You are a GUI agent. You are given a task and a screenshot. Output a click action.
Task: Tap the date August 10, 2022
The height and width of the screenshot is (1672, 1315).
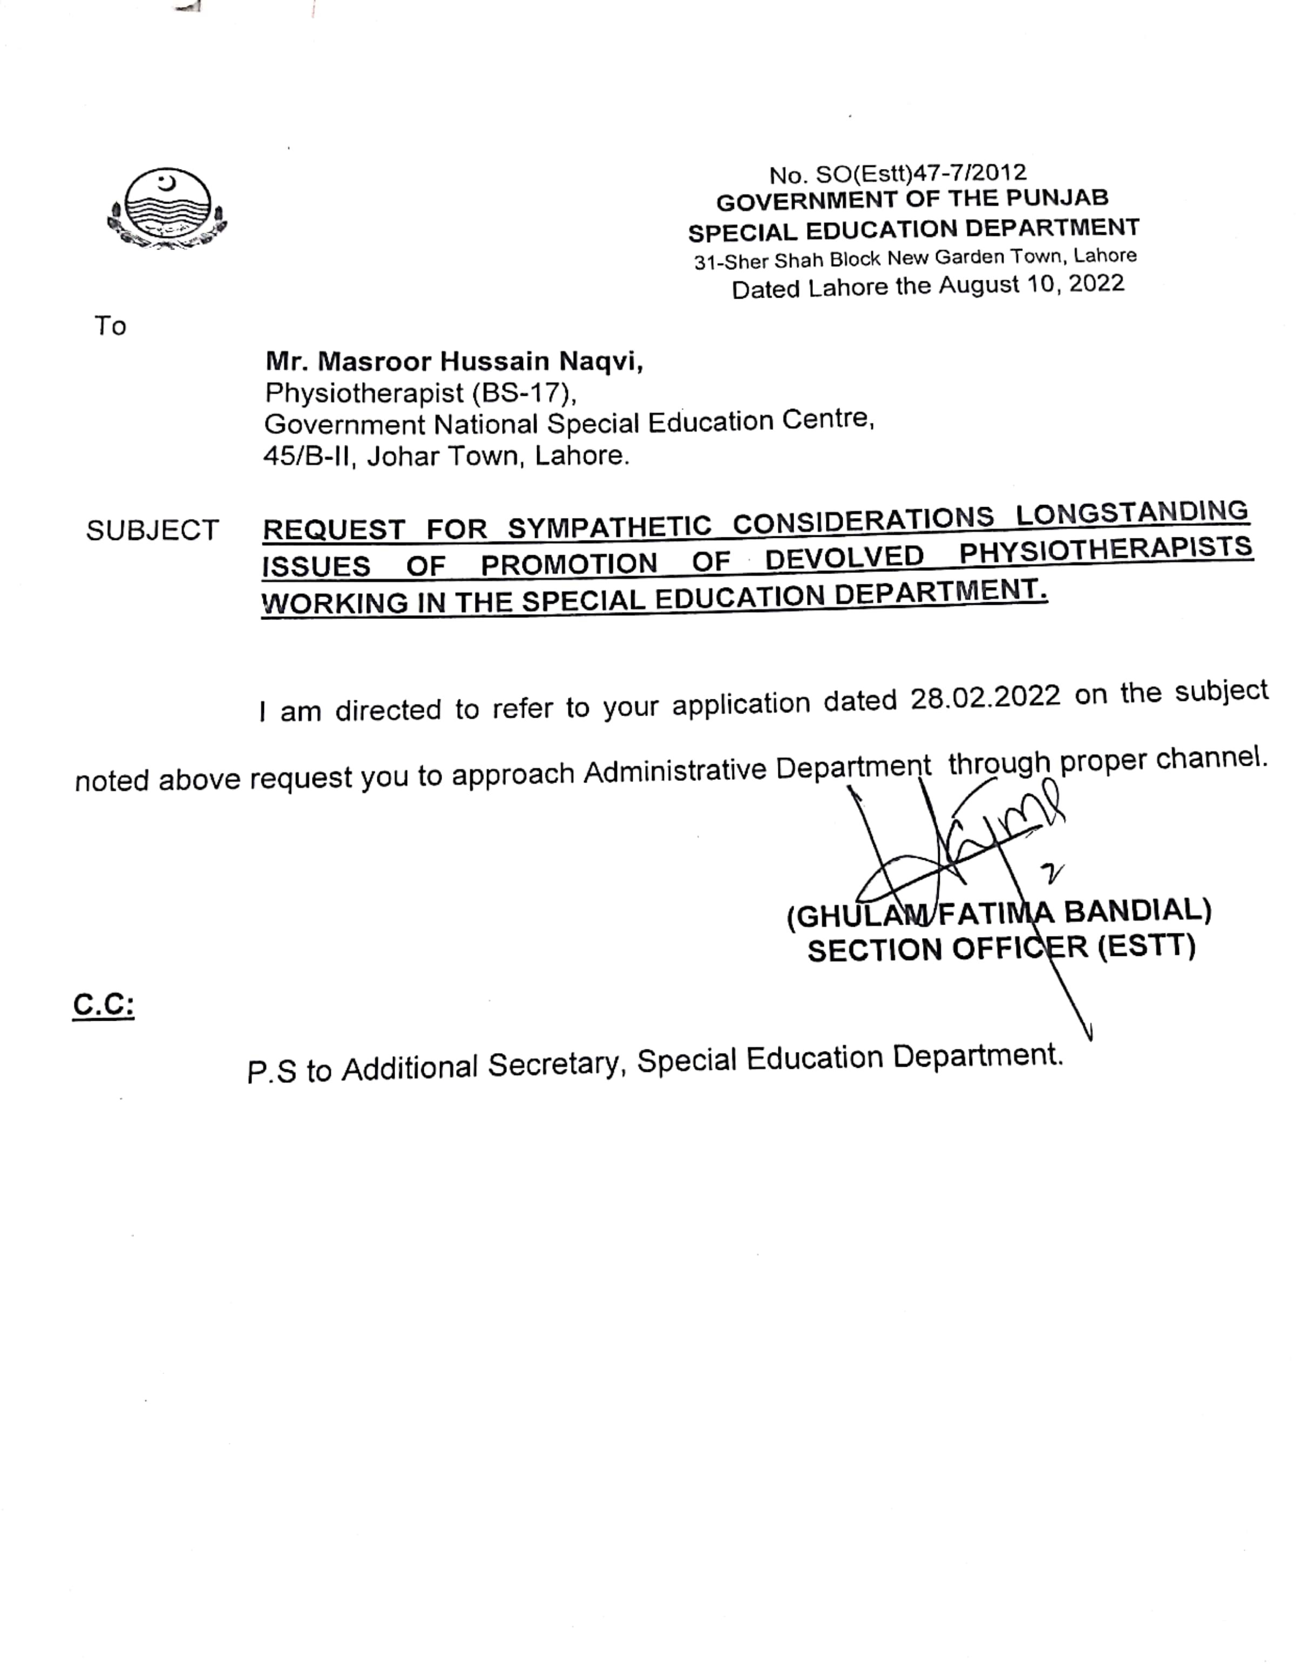1031,285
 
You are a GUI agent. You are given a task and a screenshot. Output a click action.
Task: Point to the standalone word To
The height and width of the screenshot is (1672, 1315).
110,327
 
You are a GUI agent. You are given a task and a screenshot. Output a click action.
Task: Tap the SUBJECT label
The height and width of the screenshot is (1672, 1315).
152,531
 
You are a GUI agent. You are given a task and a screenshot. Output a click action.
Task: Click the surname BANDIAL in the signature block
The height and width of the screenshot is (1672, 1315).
1137,911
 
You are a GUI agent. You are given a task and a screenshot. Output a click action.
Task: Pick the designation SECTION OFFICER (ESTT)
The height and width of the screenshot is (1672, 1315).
1001,948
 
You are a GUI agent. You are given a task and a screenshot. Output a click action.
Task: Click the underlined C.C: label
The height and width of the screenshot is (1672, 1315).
103,1005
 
